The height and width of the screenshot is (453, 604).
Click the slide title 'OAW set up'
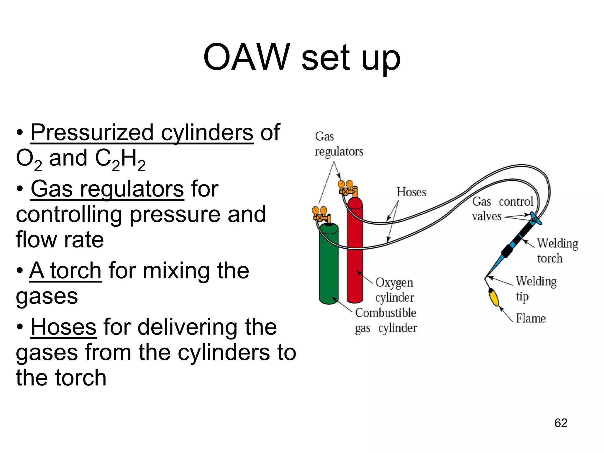(x=302, y=58)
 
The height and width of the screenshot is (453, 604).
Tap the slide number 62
(x=561, y=423)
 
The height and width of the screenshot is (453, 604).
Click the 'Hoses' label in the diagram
(x=411, y=192)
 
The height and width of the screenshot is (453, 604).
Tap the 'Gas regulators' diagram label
(x=339, y=144)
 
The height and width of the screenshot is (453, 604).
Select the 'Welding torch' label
(x=557, y=251)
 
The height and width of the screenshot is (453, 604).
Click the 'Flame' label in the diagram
(x=531, y=319)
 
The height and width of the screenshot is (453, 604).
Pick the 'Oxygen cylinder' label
(x=395, y=290)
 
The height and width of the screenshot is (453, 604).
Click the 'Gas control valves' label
(x=502, y=209)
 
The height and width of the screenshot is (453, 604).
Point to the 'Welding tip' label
(x=536, y=289)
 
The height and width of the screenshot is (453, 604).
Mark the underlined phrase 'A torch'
(x=65, y=270)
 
